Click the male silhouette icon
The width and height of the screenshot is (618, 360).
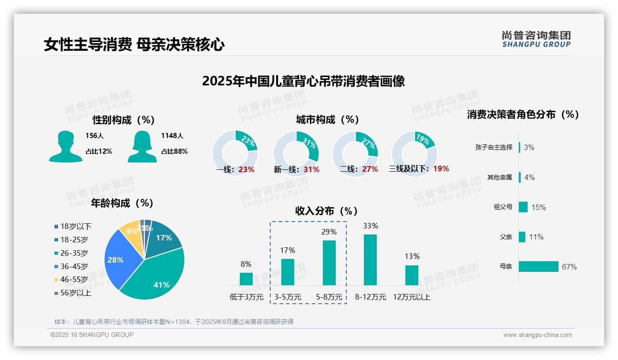[66, 146]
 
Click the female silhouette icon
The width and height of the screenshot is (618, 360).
[142, 146]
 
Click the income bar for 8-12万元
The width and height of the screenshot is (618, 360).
[370, 260]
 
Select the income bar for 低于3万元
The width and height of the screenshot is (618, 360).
[246, 279]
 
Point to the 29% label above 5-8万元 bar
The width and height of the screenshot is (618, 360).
[329, 232]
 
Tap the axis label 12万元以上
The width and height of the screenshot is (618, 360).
[411, 297]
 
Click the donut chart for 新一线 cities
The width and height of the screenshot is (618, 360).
[296, 153]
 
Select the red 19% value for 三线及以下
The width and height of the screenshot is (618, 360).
[441, 168]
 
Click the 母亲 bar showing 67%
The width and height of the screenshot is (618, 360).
[538, 266]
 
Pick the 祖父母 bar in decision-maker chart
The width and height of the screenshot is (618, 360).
[523, 207]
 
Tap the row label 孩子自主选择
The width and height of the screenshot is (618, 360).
[493, 147]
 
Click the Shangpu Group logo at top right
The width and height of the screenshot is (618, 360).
[536, 39]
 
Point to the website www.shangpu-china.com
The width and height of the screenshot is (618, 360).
[537, 335]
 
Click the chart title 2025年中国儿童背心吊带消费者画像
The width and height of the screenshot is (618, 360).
[303, 81]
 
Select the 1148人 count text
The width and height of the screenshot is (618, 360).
[172, 136]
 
